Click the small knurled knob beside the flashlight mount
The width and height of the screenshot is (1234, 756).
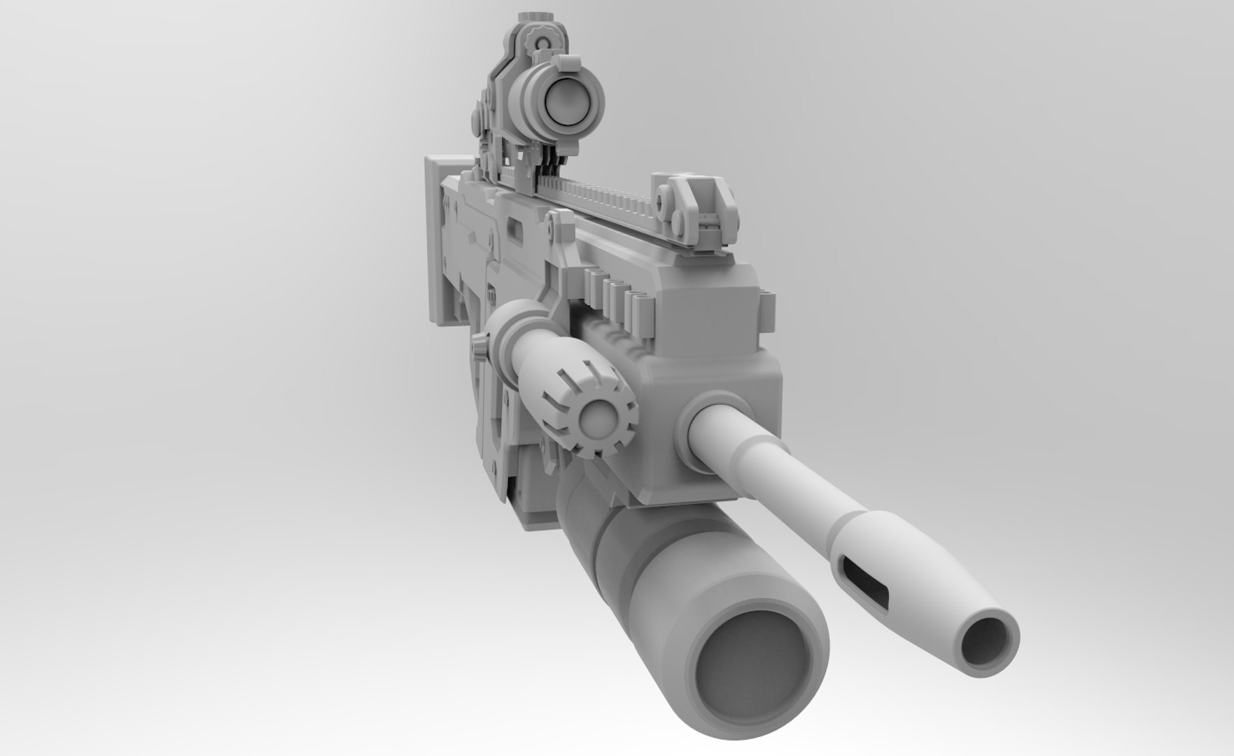(x=479, y=346)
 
